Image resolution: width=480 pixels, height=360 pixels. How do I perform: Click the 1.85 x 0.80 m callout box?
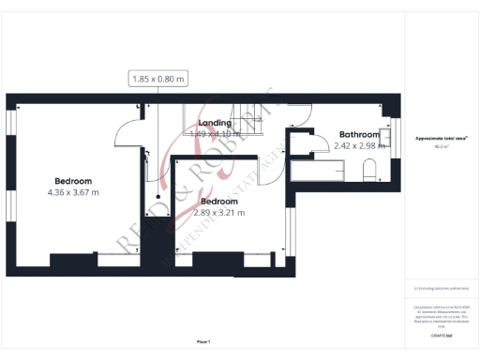[159, 81]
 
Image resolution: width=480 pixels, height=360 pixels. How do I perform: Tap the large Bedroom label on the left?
[72, 180]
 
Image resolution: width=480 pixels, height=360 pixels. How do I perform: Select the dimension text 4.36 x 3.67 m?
[72, 192]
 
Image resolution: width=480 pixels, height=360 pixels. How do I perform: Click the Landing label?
[215, 123]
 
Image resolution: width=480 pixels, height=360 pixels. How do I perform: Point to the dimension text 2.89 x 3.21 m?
[218, 213]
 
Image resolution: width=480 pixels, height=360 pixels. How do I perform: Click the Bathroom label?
[359, 134]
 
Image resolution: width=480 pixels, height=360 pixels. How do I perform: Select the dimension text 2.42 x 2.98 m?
[361, 145]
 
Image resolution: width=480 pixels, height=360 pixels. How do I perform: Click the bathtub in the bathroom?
[319, 172]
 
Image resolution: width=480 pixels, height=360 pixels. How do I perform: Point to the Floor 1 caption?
[203, 341]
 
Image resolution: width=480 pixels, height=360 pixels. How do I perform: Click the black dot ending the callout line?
[158, 196]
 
